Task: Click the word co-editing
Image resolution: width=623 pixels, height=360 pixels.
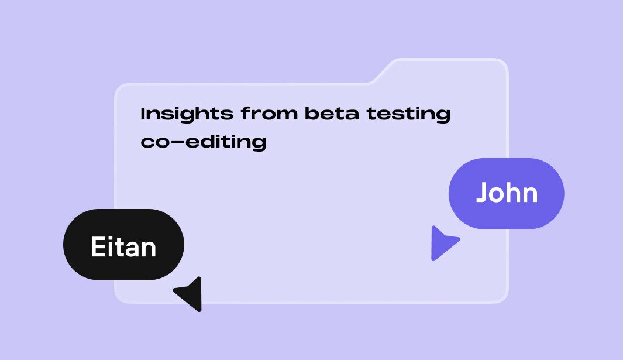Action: pos(203,142)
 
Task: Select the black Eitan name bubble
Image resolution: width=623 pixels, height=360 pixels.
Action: pos(123,245)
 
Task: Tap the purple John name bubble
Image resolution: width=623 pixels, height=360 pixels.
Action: pos(506,193)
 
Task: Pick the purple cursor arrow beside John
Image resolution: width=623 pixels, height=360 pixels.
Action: pos(443,242)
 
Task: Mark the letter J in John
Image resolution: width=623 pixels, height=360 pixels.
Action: pos(483,193)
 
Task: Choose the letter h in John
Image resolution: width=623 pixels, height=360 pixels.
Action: pos(512,193)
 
